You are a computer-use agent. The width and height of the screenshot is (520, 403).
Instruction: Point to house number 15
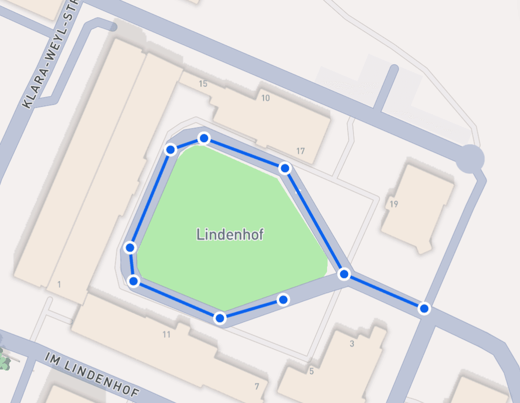[x=203, y=84]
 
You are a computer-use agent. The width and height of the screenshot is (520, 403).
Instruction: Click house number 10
[x=265, y=98]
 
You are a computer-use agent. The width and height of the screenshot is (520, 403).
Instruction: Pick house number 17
[x=300, y=151]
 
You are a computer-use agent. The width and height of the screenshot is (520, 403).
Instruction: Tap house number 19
[x=393, y=204]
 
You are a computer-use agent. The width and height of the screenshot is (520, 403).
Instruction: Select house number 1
[x=59, y=284]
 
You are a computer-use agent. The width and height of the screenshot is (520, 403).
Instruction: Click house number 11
[x=166, y=334]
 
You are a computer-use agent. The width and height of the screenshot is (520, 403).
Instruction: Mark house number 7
[x=257, y=386]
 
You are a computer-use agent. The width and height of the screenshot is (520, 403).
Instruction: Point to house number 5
[x=311, y=371]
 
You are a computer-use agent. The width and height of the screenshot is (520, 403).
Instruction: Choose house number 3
[x=352, y=344]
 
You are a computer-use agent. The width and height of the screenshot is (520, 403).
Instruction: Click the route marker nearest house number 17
[x=285, y=168]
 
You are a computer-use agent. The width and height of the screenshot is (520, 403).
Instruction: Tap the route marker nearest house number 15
[x=204, y=139]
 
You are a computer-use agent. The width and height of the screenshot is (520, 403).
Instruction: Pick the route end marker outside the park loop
[x=424, y=308]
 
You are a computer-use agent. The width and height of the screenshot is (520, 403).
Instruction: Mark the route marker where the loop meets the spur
[x=344, y=274]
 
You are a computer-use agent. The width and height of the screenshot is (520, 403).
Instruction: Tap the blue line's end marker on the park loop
[x=283, y=299]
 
